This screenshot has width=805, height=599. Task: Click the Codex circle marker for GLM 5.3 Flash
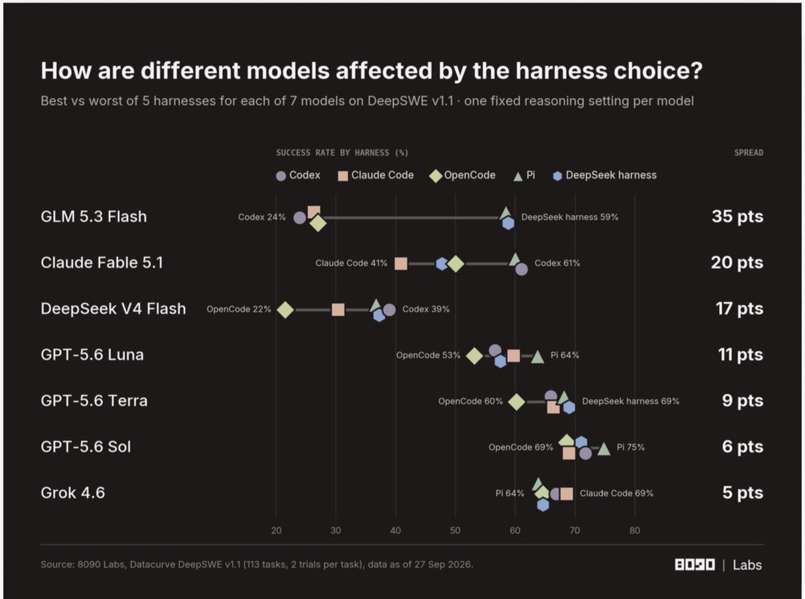click(x=299, y=218)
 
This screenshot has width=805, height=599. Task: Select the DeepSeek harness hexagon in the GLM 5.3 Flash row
click(x=508, y=223)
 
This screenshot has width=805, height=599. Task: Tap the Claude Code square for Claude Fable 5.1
click(x=400, y=264)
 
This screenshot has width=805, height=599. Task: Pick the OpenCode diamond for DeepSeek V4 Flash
click(x=285, y=310)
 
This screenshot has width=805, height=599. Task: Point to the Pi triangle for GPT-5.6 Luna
click(x=537, y=358)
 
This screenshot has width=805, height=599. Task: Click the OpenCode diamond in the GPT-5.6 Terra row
click(x=517, y=402)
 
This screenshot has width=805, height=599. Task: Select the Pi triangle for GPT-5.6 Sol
click(x=604, y=449)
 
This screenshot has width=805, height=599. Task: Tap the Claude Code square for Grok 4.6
click(x=567, y=494)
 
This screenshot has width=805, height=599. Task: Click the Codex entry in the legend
click(x=298, y=175)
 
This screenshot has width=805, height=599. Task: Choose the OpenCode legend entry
click(x=462, y=175)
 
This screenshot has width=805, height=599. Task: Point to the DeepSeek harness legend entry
click(x=604, y=175)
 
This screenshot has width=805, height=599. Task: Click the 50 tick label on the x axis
click(x=455, y=531)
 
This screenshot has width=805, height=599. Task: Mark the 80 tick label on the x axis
click(x=635, y=531)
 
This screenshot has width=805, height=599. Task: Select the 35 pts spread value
click(x=737, y=217)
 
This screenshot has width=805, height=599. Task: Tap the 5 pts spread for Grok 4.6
click(x=743, y=492)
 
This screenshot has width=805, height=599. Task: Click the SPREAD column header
click(x=749, y=152)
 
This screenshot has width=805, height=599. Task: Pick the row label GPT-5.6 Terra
click(x=94, y=400)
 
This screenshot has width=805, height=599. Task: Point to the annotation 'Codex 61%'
click(x=557, y=263)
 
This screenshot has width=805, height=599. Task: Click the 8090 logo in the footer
click(x=695, y=565)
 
